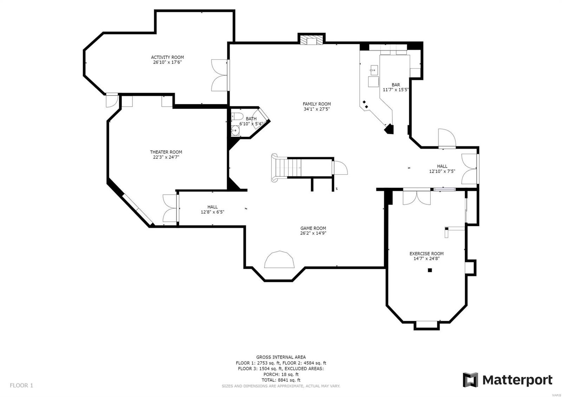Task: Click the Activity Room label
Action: [167, 57]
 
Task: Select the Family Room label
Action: [316, 104]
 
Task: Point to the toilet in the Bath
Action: [237, 117]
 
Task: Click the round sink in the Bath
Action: [235, 131]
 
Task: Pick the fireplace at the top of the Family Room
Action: [311, 40]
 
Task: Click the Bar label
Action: [396, 85]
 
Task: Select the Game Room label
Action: [313, 228]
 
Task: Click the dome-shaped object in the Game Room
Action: [280, 260]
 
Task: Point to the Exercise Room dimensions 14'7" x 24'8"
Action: [426, 259]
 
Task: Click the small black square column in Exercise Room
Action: [429, 270]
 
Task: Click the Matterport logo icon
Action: [470, 380]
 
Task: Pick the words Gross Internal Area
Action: [281, 357]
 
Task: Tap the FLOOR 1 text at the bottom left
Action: [21, 385]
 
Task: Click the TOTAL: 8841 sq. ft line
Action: [281, 380]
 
